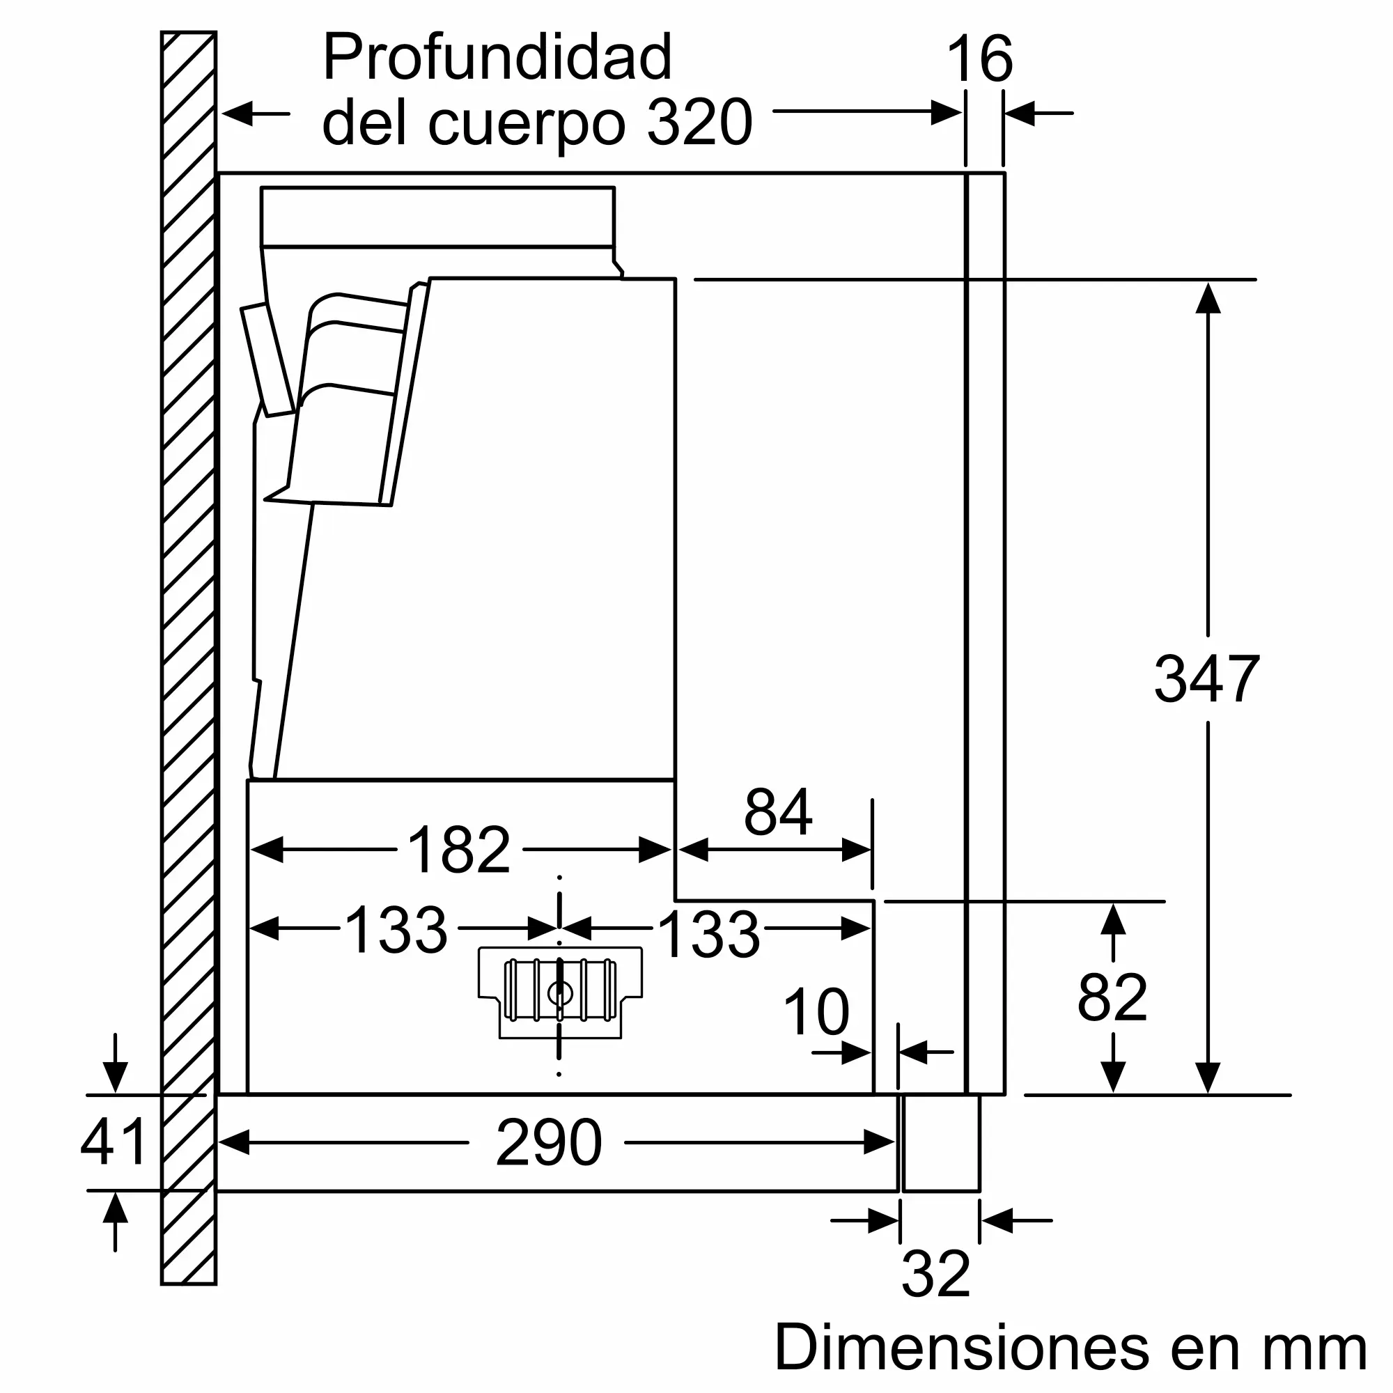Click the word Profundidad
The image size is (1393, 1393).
point(497,59)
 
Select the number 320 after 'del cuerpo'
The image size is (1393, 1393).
point(699,123)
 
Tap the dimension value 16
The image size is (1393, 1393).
point(980,60)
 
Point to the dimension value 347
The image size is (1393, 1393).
point(1207,678)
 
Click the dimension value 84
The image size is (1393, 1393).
point(778,812)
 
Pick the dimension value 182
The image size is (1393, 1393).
point(459,850)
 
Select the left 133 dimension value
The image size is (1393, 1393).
point(396,931)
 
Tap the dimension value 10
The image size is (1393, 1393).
point(816,1012)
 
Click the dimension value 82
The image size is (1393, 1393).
point(1112,999)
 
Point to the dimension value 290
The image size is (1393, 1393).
point(549,1143)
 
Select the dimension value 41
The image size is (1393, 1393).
point(114,1143)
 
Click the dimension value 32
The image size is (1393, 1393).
point(936,1275)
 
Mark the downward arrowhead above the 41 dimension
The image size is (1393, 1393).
point(116,1077)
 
